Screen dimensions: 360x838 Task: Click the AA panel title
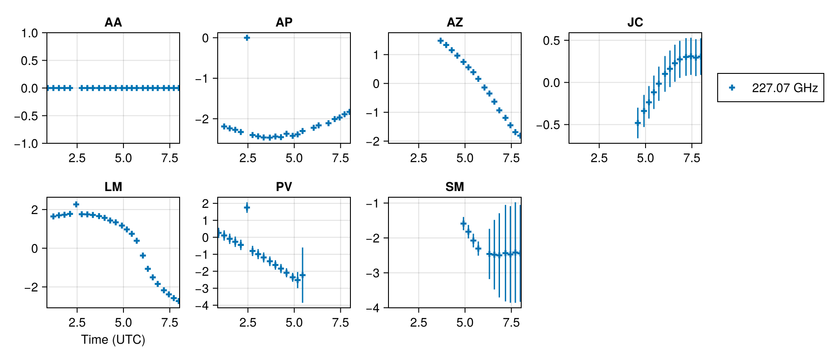click(x=113, y=22)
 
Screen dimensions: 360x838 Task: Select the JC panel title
click(x=635, y=22)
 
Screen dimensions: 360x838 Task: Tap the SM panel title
click(x=454, y=187)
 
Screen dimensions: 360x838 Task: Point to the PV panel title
click(x=284, y=187)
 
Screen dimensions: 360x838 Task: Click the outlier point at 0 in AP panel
click(x=247, y=38)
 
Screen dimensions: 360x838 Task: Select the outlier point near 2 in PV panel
click(x=247, y=207)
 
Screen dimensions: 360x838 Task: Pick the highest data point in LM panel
click(x=76, y=204)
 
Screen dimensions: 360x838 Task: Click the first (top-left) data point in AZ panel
click(x=440, y=41)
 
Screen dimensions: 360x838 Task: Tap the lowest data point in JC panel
click(x=638, y=123)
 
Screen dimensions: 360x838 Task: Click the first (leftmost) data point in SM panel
click(x=463, y=224)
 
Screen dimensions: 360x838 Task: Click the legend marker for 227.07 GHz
click(x=732, y=88)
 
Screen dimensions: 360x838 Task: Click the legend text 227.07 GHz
click(x=784, y=88)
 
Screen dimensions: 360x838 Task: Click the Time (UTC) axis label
click(x=113, y=340)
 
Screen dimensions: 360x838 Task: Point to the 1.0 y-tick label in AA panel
click(x=29, y=33)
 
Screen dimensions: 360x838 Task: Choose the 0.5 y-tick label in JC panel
click(x=551, y=41)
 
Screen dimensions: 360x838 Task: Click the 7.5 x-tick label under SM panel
click(x=511, y=323)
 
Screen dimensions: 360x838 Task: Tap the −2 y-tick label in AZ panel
click(x=374, y=142)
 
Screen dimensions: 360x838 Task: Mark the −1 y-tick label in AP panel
click(x=202, y=79)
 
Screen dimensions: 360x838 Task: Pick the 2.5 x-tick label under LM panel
click(x=77, y=323)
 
